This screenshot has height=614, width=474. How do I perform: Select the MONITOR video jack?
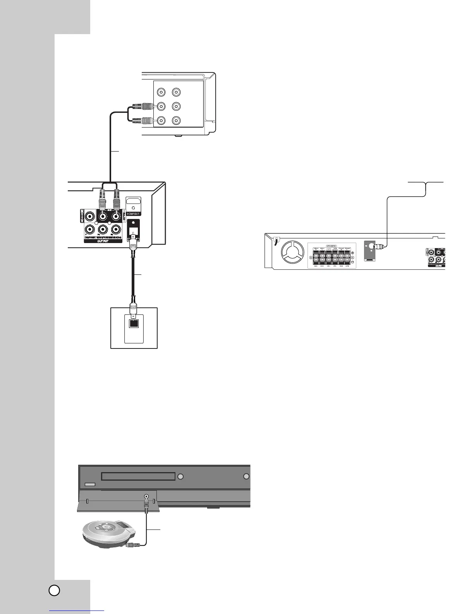[x=90, y=216]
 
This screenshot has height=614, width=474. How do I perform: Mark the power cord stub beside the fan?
[x=276, y=241]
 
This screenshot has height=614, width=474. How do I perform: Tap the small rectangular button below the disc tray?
[x=90, y=485]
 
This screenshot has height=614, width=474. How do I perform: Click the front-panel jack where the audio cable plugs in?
[x=146, y=496]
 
